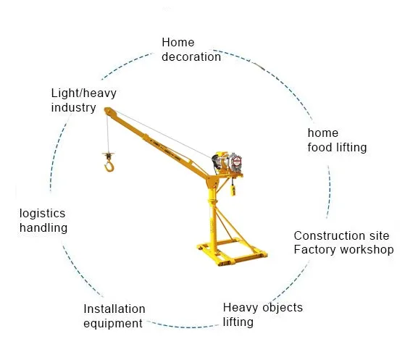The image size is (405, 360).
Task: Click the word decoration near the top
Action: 191,56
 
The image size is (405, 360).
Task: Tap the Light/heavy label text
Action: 84,93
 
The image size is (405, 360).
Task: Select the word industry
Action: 74,108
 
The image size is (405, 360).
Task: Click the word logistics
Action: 42,214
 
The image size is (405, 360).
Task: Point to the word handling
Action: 43,228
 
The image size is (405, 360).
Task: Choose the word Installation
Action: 114,309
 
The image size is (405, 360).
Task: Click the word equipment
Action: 113,324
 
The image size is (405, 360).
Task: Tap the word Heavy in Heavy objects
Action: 241,308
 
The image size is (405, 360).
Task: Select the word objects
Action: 283,308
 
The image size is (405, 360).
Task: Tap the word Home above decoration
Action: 178,42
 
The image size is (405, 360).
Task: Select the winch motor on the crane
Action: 227,162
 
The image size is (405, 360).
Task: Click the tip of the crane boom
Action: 107,111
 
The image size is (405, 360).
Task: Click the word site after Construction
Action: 379,236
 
